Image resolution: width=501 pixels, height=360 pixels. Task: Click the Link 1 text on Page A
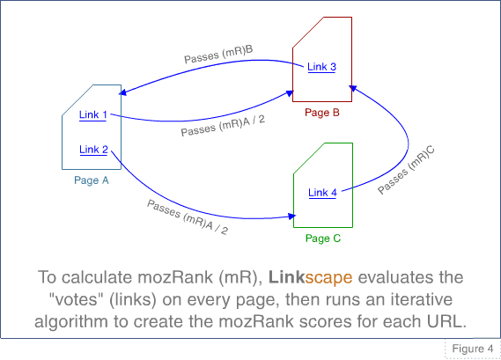pyautogui.click(x=92, y=114)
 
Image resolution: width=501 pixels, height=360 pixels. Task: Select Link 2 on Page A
pyautogui.click(x=92, y=150)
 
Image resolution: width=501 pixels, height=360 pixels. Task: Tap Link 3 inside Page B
pyautogui.click(x=321, y=68)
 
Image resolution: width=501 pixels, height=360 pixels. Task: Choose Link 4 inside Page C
pyautogui.click(x=322, y=193)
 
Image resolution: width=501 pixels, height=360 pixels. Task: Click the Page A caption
pyautogui.click(x=92, y=180)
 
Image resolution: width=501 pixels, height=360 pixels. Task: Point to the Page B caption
pyautogui.click(x=321, y=113)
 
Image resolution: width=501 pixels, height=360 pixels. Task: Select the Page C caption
pyautogui.click(x=322, y=239)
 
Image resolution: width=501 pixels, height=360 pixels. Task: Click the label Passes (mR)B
pyautogui.click(x=218, y=55)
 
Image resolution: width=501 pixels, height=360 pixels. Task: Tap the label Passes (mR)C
pyautogui.click(x=406, y=170)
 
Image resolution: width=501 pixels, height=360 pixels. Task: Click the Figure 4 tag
pyautogui.click(x=472, y=349)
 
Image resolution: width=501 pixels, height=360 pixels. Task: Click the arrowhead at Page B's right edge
pyautogui.click(x=353, y=87)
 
